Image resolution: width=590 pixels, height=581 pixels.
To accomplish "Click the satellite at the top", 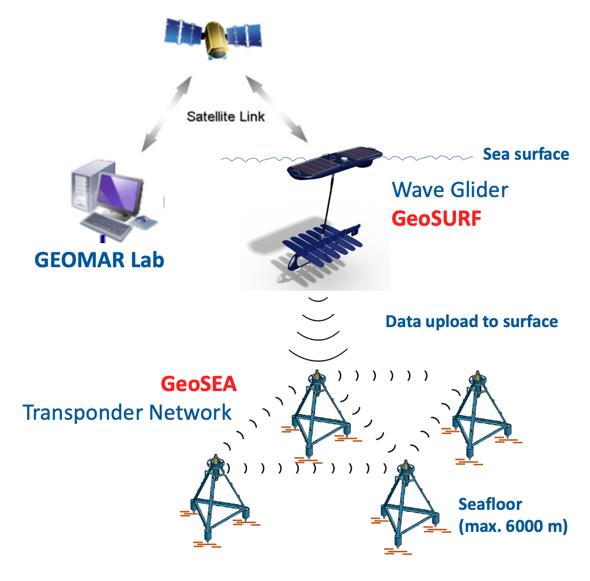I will [214, 39].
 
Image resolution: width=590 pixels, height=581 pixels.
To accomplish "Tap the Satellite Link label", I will [226, 117].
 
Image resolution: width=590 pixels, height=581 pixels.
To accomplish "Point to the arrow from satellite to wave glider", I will [277, 109].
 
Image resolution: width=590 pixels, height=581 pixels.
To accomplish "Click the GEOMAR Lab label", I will [99, 260].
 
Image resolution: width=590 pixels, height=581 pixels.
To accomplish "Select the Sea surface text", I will [526, 154].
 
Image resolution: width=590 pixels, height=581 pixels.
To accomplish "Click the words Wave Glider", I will [450, 190].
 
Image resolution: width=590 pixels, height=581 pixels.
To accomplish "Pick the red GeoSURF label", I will [436, 219].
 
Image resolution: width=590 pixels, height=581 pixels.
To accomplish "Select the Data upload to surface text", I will [471, 321].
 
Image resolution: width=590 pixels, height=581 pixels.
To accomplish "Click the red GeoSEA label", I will [199, 384].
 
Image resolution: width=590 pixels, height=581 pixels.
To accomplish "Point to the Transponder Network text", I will [127, 413].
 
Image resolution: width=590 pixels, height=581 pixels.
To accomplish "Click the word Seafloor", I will [490, 504].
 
